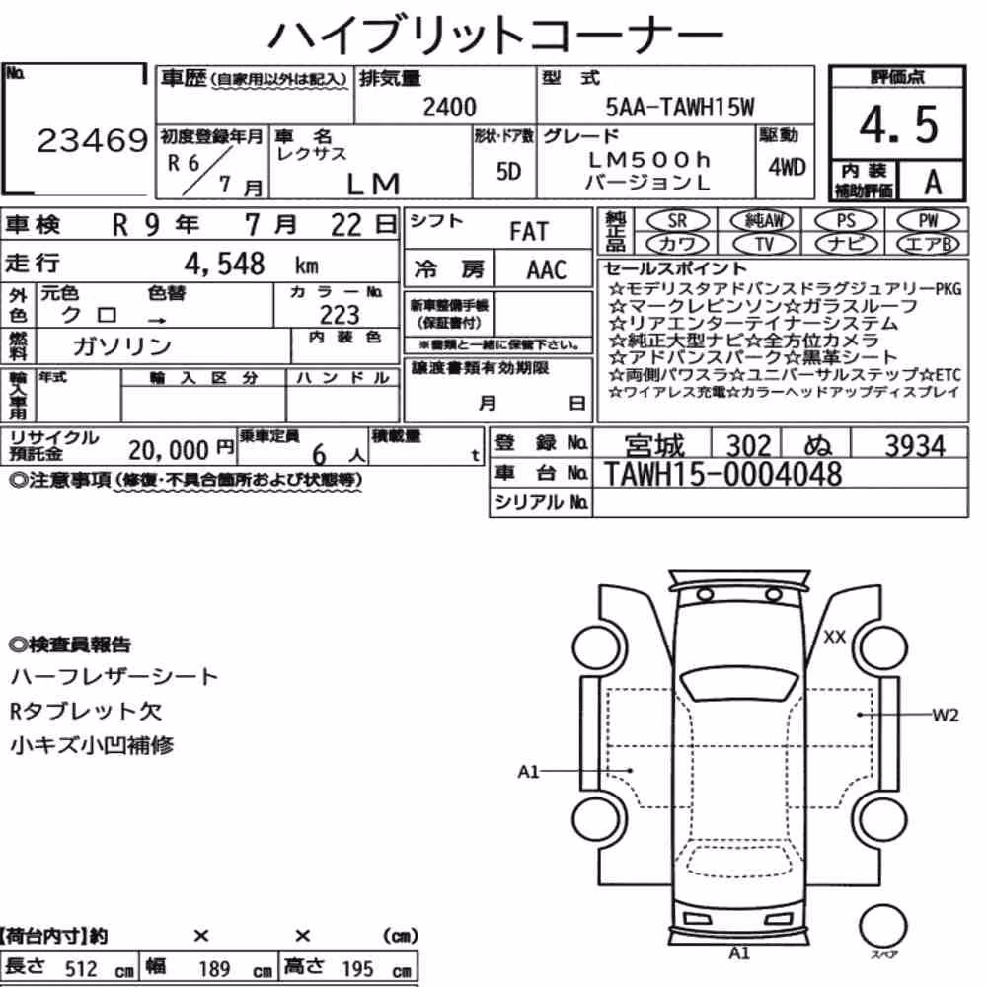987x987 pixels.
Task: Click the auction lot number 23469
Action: coord(92,141)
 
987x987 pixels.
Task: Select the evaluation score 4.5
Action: coord(898,124)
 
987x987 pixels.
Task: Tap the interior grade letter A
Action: coord(933,183)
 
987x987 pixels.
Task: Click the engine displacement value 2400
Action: coord(449,107)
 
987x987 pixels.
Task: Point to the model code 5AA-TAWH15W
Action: coord(680,108)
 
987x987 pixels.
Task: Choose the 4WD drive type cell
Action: coord(787,168)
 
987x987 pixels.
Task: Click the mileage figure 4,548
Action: coord(224,264)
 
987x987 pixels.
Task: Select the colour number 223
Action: coord(340,315)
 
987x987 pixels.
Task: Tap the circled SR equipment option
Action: coord(677,221)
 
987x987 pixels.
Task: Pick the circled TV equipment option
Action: coord(764,244)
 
